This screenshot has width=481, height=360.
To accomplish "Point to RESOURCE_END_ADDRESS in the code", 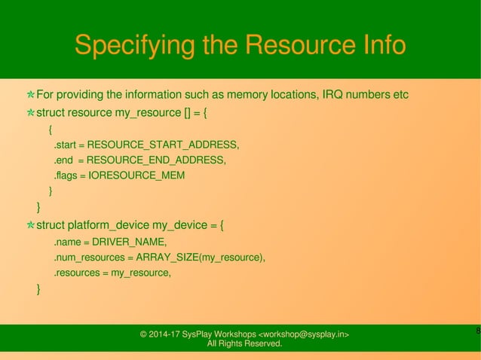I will (x=156, y=160).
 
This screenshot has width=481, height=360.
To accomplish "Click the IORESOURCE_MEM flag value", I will (x=136, y=175).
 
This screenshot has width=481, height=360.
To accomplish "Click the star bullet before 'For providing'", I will (x=30, y=96).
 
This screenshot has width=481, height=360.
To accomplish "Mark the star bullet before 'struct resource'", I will (x=30, y=114).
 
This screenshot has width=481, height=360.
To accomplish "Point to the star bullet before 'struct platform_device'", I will (x=30, y=224).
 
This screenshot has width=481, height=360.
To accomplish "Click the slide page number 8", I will (x=478, y=331).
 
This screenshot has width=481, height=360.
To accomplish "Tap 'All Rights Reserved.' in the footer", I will (x=244, y=344).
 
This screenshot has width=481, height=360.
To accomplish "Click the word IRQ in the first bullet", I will (x=332, y=95).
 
